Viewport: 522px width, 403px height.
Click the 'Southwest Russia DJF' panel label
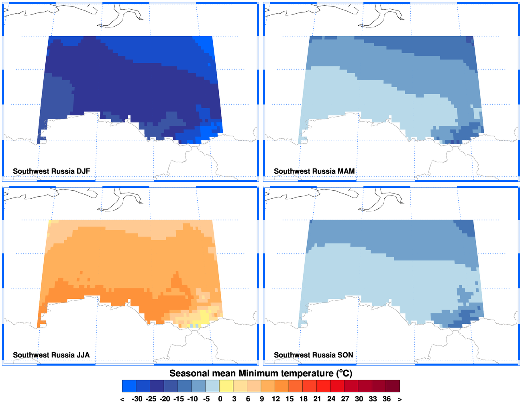point(51,171)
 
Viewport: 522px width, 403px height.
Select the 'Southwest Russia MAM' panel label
point(314,171)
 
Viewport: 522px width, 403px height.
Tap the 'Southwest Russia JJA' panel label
point(51,355)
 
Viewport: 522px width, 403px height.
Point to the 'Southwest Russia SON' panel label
point(313,355)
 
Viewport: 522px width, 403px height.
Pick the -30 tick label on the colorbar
point(137,399)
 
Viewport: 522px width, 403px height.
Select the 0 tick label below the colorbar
point(220,399)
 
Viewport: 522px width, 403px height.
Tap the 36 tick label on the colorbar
point(387,399)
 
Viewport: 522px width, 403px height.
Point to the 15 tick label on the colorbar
point(290,399)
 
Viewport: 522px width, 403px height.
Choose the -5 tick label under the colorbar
point(206,399)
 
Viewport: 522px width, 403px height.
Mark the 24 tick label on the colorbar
point(331,399)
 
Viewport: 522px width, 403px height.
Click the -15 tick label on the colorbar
point(179,399)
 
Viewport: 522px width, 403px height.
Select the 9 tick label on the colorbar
point(262,399)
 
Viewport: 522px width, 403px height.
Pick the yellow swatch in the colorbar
point(226,386)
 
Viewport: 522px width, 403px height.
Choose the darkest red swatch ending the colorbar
point(393,386)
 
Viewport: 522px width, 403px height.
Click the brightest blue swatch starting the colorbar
point(129,386)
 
